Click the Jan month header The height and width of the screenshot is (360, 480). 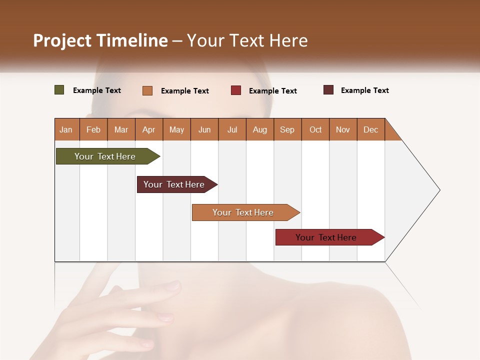coord(66,129)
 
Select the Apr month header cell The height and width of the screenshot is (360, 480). coord(149,129)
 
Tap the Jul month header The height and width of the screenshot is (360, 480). coord(232,129)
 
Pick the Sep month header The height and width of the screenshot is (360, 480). coord(287,129)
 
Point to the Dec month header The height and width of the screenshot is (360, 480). coord(370,129)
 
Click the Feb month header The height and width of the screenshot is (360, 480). coord(93,129)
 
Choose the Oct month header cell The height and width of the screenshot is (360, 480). coord(315,129)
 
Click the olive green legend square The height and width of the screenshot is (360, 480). coord(59,90)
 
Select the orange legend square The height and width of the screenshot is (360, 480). coord(147,90)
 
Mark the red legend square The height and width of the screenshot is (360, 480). coord(236,90)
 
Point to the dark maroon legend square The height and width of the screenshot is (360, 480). coord(328,90)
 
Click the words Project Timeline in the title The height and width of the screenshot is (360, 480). coord(100,40)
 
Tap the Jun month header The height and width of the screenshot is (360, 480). coord(204,129)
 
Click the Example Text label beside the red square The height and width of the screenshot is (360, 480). coord(273,91)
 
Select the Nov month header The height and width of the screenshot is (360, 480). coord(343,129)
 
